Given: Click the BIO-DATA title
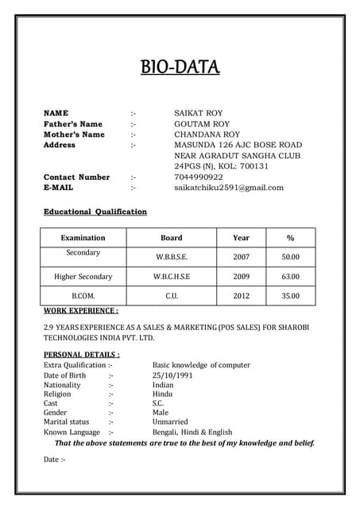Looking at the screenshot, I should tap(180, 66).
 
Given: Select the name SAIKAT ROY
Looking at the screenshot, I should tap(198, 114).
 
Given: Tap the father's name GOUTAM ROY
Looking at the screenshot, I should tap(202, 124).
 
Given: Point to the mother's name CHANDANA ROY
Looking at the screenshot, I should tap(207, 134).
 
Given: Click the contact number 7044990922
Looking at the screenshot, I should tap(199, 177).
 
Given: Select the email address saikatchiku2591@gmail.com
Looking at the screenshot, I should tap(229, 188).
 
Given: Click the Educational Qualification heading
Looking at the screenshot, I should tap(95, 212).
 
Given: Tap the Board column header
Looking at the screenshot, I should tap(171, 237).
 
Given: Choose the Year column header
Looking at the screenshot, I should tap(241, 237).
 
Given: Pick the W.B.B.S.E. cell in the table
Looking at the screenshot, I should tap(171, 257).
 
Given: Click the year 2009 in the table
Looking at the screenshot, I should tap(241, 277).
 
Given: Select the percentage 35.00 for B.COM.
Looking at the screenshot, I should tap(290, 296).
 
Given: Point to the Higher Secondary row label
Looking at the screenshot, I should tap(83, 277).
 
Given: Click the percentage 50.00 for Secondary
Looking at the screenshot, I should tap(290, 257).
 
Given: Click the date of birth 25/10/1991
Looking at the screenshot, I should tap(173, 375).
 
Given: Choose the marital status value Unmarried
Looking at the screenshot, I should tap(170, 422).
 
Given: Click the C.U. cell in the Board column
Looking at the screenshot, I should tap(171, 296).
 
